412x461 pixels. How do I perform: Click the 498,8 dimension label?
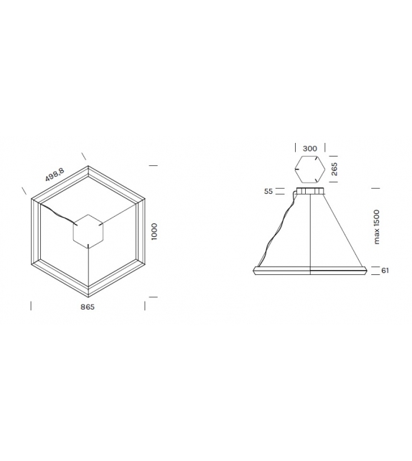point(55,174)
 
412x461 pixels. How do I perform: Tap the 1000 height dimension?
point(154,231)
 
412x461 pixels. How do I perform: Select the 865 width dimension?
point(88,306)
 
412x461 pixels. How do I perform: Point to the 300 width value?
point(309,149)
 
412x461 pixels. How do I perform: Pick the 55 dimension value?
point(269,192)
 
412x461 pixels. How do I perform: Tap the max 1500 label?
point(377,227)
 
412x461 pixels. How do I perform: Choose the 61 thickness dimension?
point(385,270)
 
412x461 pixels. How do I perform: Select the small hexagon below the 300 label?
point(309,169)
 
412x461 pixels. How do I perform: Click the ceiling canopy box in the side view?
point(309,192)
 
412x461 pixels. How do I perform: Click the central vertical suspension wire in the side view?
point(309,230)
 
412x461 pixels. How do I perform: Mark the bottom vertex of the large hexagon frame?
point(88,295)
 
